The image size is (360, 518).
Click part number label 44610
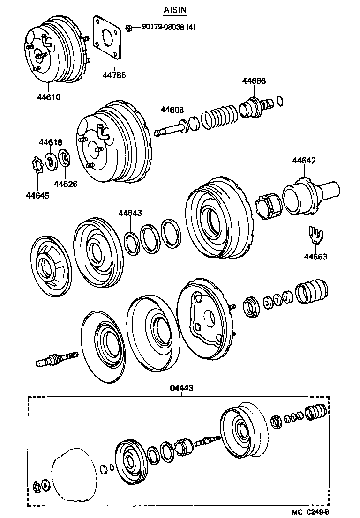tap(49, 97)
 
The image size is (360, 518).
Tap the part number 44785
tap(114, 75)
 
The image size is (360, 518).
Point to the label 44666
tap(254, 81)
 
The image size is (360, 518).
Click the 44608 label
tap(172, 110)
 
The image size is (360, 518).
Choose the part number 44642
tap(304, 160)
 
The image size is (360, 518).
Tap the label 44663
tap(315, 256)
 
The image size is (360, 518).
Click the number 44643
tap(130, 213)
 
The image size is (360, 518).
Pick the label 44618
tap(50, 142)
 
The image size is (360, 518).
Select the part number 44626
tap(65, 183)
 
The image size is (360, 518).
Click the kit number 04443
tap(181, 388)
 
